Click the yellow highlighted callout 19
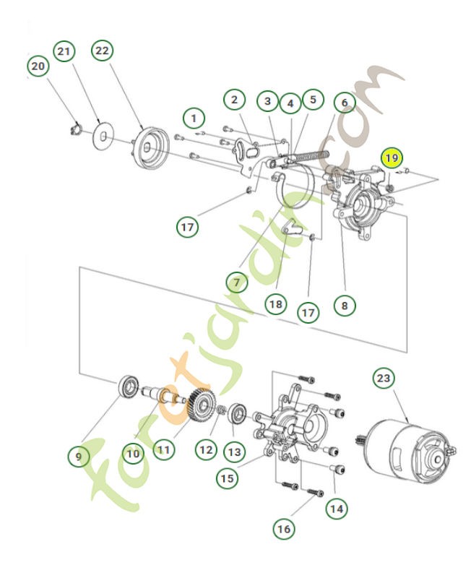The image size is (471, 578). pyautogui.click(x=391, y=158)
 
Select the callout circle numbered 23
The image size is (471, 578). pyautogui.click(x=384, y=379)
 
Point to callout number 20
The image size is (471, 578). pyautogui.click(x=39, y=66)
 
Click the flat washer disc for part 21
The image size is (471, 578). pyautogui.click(x=104, y=135)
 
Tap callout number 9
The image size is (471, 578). pyautogui.click(x=79, y=457)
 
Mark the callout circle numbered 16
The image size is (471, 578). pyautogui.click(x=284, y=529)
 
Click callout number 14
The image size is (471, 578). pyautogui.click(x=334, y=508)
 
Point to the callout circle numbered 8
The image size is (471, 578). pyautogui.click(x=345, y=305)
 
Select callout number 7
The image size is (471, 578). pyautogui.click(x=236, y=280)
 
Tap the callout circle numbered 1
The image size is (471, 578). pyautogui.click(x=193, y=116)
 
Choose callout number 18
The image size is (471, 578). pyautogui.click(x=275, y=304)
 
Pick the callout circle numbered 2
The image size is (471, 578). pyautogui.click(x=233, y=100)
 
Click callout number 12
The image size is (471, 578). pyautogui.click(x=205, y=449)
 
